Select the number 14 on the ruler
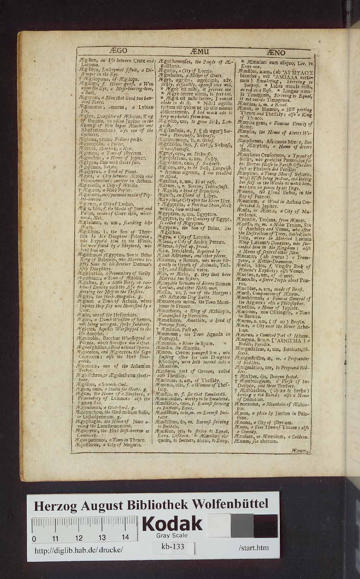point(125,538)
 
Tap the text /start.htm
point(253,548)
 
